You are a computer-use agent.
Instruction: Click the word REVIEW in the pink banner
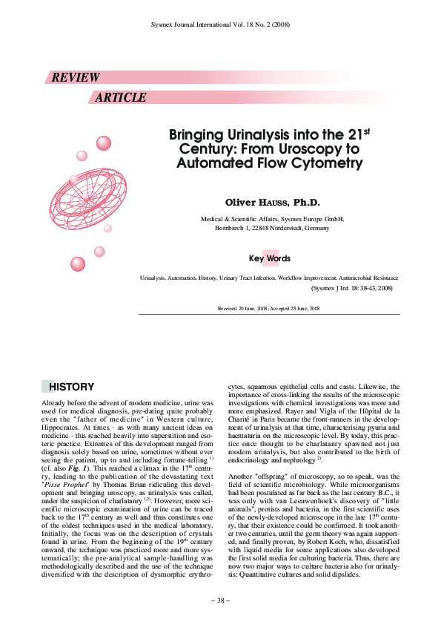(75, 78)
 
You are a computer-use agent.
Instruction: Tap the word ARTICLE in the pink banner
(121, 98)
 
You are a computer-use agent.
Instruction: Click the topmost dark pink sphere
(103, 143)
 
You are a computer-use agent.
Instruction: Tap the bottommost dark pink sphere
(78, 264)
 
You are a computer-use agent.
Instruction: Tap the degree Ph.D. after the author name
(306, 203)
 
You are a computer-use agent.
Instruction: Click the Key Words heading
(270, 259)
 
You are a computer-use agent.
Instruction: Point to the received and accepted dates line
(268, 307)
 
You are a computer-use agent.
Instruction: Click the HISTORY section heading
(71, 387)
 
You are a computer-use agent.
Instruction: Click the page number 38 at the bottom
(220, 601)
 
